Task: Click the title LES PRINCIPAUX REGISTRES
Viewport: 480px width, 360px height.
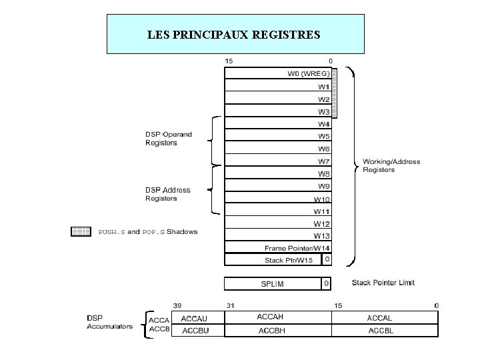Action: (235, 33)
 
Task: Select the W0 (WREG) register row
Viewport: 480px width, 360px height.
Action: (278, 74)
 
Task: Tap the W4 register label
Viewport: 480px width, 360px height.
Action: (324, 124)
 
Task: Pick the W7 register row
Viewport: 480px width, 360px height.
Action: (278, 161)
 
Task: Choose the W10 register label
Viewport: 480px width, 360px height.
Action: (322, 199)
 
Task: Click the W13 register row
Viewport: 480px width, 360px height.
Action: (278, 235)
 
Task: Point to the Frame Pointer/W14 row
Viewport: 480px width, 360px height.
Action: (278, 248)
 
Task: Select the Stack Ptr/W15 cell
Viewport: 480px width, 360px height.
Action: (273, 260)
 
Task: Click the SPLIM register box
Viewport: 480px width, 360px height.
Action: (273, 284)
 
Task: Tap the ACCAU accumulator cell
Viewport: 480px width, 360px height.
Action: (197, 319)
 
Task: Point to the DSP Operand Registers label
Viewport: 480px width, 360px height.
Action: (169, 139)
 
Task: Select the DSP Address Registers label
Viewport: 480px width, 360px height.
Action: (168, 194)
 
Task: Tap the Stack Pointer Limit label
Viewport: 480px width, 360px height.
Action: (383, 283)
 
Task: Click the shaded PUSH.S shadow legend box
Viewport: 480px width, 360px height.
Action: (81, 232)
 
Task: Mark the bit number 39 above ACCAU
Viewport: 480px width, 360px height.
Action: (177, 305)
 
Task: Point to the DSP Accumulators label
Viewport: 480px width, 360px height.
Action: (109, 322)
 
